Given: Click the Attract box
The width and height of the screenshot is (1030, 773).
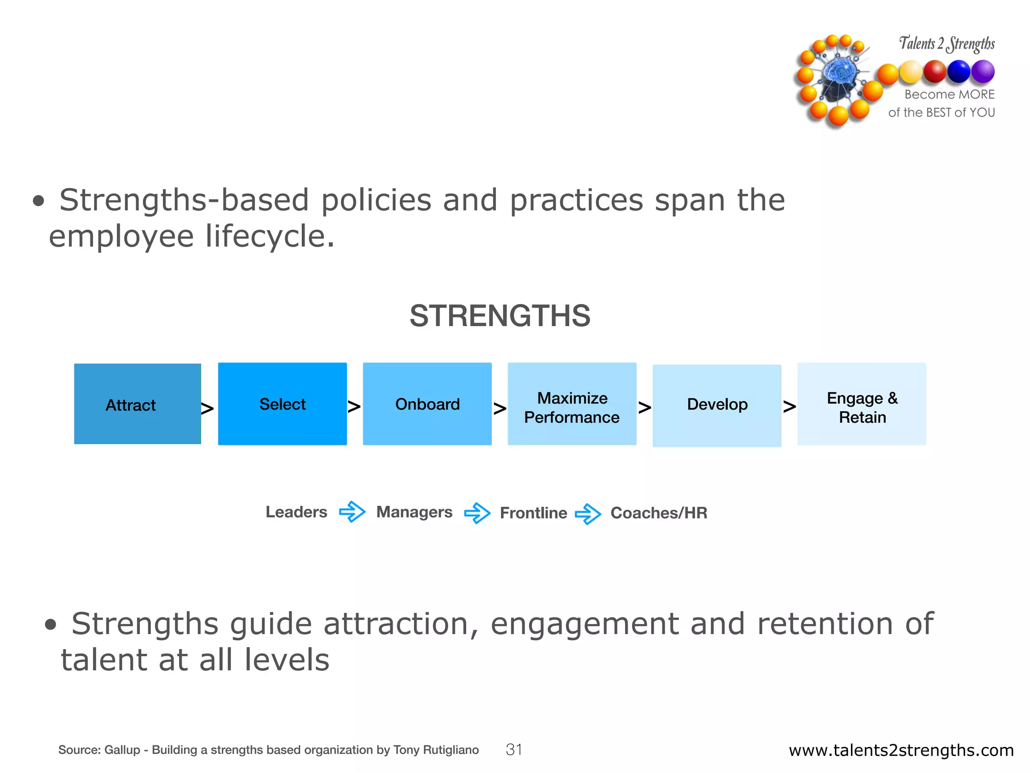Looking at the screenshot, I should pos(137,404).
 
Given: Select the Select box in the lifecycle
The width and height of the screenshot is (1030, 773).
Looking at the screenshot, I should pos(282,404).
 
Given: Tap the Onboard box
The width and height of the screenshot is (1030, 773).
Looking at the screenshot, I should pos(427,404).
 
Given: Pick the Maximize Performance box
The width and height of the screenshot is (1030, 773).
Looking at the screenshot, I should pos(572,404).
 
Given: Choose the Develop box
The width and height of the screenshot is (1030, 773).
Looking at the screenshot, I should pos(717,405).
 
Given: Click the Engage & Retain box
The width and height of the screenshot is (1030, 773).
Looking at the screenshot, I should pos(862,404).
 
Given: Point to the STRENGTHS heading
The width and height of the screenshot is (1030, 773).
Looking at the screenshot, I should pos(500,316).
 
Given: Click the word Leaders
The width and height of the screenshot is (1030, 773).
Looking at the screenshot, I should pos(296,512).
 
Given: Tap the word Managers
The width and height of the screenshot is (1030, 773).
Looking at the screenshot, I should pos(414,512).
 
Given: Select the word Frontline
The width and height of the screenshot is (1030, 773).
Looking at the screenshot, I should pos(533,513).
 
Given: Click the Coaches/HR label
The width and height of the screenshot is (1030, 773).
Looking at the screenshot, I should pos(658,513).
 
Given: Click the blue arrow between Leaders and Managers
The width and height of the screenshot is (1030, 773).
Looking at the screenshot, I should pos(352,512).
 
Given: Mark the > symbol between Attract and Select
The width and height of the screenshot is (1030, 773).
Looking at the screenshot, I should pos(207,408).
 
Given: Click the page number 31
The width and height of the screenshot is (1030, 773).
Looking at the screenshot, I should pos(513,750).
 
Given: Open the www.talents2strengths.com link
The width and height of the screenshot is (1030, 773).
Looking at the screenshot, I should pos(901,750).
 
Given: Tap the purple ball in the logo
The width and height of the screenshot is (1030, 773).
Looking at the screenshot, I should pos(983,71).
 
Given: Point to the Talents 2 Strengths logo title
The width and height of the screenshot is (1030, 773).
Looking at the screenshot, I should pos(947,44).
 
